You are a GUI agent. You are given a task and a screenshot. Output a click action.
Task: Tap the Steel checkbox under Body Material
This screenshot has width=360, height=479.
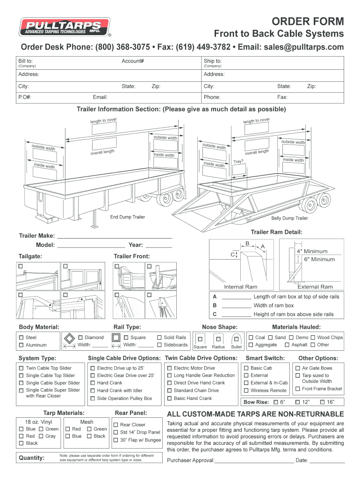[21, 337]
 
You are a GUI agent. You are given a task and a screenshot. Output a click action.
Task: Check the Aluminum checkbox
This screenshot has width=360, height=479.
[21, 345]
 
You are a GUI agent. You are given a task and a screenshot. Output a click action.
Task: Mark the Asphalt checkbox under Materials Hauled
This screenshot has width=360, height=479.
[287, 345]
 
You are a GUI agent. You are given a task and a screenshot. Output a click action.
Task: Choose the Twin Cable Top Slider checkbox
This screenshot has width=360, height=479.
[21, 368]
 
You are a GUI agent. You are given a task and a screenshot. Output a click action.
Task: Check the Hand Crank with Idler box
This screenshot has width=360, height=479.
[92, 391]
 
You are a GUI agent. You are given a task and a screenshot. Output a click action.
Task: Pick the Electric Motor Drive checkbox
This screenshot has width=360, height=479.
[169, 368]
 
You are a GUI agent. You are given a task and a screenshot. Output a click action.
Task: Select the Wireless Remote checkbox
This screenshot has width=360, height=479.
[246, 391]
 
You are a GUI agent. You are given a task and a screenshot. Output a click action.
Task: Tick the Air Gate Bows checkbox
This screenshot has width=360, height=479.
[297, 368]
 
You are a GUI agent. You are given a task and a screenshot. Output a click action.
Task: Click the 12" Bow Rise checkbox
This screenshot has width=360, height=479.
[296, 402]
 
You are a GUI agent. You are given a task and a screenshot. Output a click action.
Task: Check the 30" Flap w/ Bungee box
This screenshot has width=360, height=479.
[115, 440]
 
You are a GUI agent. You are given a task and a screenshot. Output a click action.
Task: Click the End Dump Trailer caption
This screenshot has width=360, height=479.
[127, 217]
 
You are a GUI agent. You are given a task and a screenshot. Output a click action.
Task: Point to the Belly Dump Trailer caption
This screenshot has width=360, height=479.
[289, 218]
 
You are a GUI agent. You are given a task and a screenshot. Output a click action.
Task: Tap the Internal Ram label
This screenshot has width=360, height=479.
[241, 287]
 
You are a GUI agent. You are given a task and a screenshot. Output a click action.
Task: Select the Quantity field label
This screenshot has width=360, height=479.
[31, 457]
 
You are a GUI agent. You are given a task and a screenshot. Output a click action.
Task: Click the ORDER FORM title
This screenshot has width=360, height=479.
[308, 22]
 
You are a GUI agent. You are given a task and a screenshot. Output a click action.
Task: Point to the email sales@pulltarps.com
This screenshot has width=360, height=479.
[303, 47]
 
